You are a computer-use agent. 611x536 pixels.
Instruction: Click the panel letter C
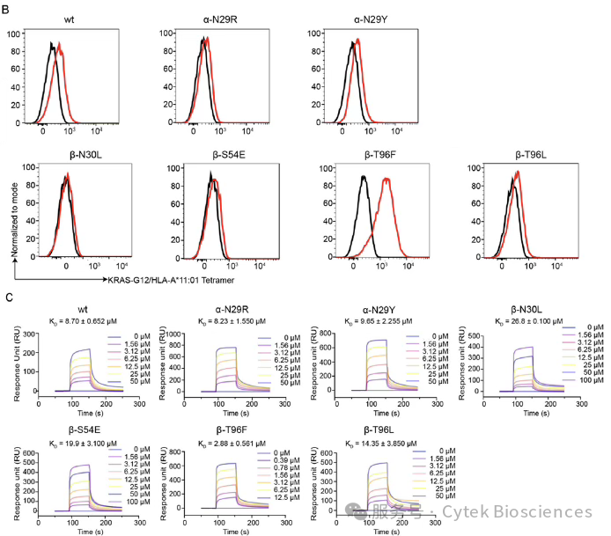(x=10, y=297)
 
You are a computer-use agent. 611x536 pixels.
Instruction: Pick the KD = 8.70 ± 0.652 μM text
(x=81, y=323)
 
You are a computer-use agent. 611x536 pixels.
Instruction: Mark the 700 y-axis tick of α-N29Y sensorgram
(x=323, y=331)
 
